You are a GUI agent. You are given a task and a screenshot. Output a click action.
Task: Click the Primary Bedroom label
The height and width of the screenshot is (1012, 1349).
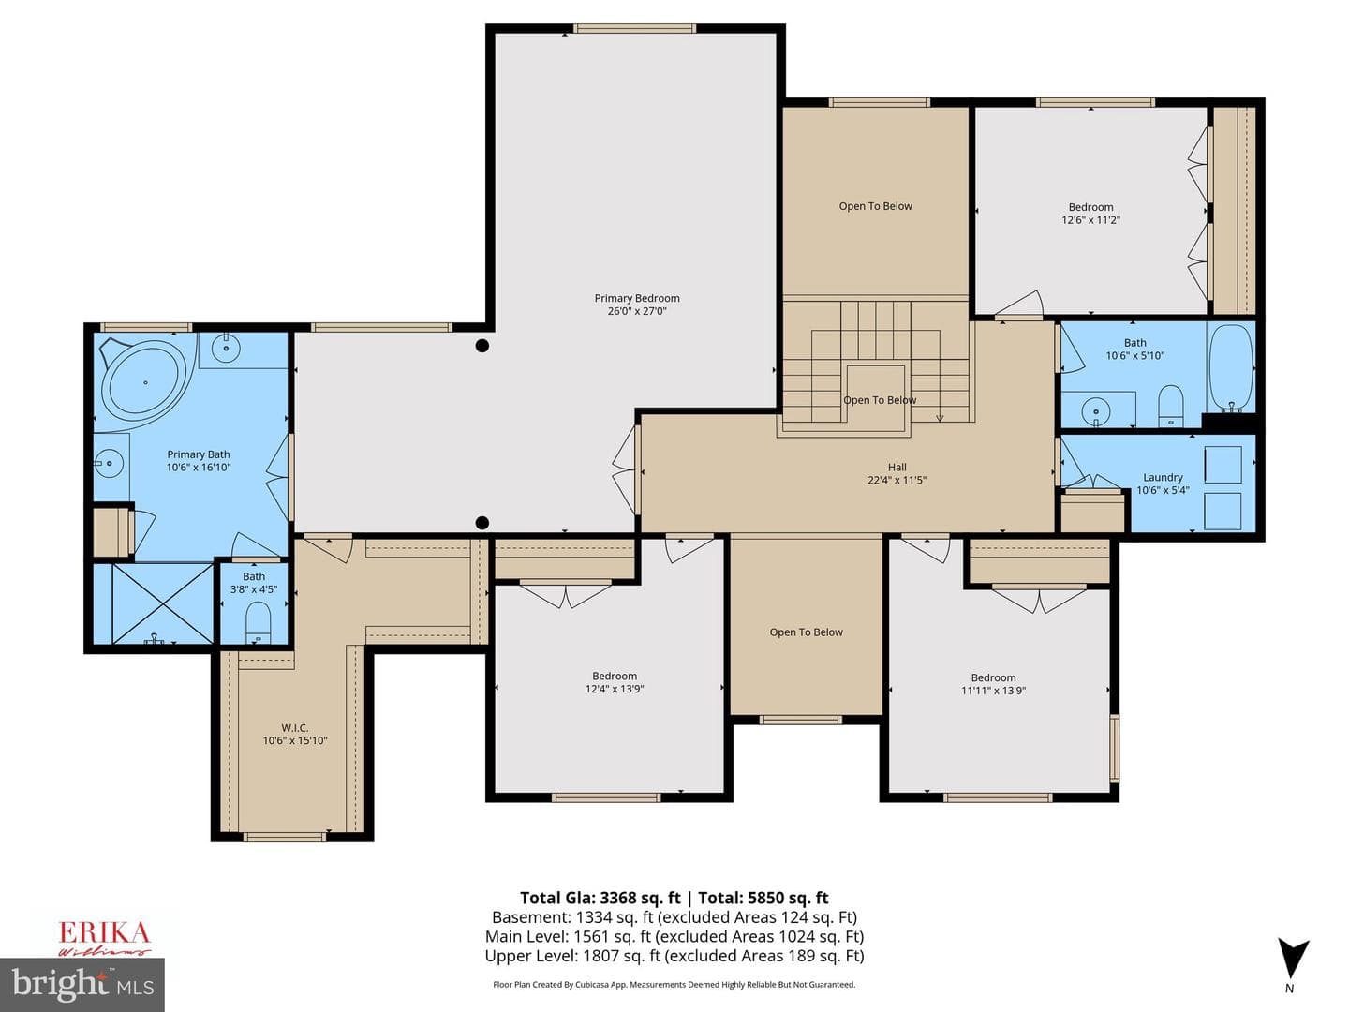click(x=637, y=298)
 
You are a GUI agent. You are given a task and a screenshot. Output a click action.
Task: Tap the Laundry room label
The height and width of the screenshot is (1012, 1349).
click(x=1163, y=477)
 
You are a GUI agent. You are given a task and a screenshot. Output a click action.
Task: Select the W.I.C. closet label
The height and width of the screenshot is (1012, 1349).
click(x=294, y=727)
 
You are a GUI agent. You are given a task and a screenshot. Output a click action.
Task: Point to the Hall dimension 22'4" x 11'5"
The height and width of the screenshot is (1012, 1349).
click(x=897, y=480)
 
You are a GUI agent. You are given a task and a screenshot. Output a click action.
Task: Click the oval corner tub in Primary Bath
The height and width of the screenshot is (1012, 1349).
click(x=145, y=382)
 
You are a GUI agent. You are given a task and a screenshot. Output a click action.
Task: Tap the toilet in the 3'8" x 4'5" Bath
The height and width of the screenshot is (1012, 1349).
click(x=259, y=621)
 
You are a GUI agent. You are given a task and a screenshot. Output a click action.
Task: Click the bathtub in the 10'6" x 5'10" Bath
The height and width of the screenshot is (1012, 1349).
click(x=1230, y=367)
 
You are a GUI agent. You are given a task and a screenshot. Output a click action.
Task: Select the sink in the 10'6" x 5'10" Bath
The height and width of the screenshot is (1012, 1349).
click(x=1094, y=409)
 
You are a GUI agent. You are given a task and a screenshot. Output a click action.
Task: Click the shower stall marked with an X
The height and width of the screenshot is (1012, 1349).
click(x=163, y=603)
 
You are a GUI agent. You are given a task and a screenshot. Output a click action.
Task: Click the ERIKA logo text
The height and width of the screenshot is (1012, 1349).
click(x=104, y=932)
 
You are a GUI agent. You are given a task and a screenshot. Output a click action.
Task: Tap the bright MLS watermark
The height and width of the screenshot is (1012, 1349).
click(x=82, y=984)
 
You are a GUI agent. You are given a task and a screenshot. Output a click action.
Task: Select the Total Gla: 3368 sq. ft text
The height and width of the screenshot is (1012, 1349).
click(x=600, y=898)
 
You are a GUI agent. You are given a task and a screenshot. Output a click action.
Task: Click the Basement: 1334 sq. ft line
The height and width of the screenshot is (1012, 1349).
click(x=674, y=917)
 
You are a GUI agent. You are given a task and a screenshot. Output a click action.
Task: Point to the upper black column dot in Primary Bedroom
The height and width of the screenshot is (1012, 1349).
click(x=482, y=346)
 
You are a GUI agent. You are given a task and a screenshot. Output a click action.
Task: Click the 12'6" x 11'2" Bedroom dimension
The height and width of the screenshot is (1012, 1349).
click(x=1090, y=220)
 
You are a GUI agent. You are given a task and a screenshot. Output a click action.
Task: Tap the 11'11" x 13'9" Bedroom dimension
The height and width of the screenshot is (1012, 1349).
click(x=994, y=691)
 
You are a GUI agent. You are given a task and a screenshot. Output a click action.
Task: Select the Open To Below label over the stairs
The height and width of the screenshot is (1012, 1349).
click(x=880, y=400)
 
